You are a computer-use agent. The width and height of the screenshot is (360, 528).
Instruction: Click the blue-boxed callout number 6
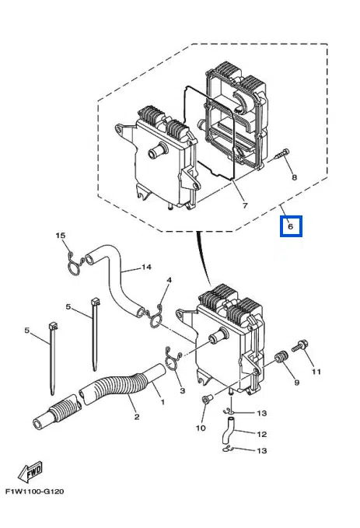click(291, 226)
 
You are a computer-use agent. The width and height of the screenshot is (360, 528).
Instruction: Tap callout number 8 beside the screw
click(295, 177)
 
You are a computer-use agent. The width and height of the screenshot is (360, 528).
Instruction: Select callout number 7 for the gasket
click(245, 205)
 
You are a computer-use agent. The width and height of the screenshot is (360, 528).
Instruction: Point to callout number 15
click(61, 236)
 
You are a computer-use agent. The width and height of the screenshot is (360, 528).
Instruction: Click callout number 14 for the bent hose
click(146, 267)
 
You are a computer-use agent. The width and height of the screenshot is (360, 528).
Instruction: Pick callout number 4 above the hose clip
click(170, 280)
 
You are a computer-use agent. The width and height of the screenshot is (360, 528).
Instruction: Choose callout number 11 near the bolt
click(316, 372)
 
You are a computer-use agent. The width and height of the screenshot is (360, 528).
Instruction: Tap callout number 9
click(297, 383)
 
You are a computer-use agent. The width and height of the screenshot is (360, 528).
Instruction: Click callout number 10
click(201, 428)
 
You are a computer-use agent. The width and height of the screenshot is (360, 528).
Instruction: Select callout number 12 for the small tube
click(262, 434)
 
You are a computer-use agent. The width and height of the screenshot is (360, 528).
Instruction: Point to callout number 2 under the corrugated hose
click(137, 417)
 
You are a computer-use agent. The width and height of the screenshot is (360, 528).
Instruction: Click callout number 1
click(163, 402)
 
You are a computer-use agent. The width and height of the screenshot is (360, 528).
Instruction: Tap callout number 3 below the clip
click(183, 390)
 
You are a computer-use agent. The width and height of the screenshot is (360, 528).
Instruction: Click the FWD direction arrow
click(31, 471)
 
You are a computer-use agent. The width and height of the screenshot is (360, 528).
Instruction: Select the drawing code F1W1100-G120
click(34, 491)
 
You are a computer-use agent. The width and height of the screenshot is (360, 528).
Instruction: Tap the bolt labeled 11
click(300, 346)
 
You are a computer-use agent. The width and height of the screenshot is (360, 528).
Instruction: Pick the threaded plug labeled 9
click(281, 357)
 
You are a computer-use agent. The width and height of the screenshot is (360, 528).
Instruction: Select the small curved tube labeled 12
click(228, 431)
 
